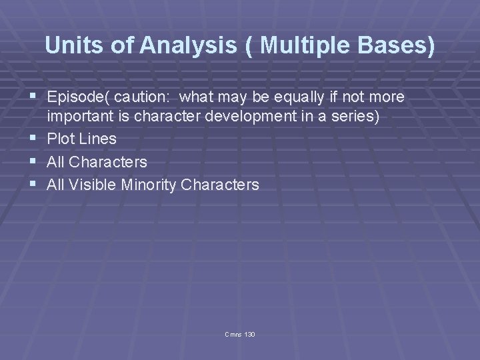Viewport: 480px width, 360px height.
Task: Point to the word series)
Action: (x=355, y=117)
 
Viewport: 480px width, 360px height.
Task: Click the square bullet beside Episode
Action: (x=33, y=97)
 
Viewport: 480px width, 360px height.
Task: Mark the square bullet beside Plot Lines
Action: (x=33, y=139)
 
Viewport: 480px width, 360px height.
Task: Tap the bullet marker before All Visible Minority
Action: (x=33, y=184)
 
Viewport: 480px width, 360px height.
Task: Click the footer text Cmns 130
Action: (x=240, y=333)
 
